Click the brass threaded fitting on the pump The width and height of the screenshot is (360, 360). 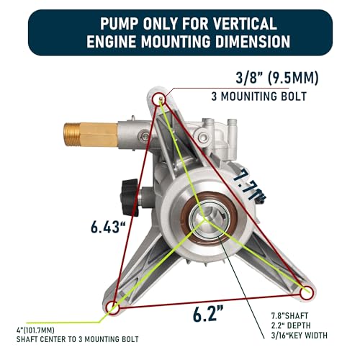click(x=91, y=135)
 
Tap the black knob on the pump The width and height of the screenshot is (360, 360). click(x=130, y=197)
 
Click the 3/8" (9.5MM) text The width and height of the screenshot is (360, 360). click(x=277, y=78)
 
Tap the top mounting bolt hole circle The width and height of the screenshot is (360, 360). click(x=160, y=98)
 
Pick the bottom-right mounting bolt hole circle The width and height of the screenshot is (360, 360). click(x=307, y=293)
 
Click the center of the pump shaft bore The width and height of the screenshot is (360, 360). click(x=204, y=219)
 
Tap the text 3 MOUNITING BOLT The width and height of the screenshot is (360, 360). click(x=259, y=96)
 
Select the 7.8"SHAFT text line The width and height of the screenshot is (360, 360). click(x=289, y=315)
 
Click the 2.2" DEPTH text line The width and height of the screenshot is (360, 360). click(x=291, y=325)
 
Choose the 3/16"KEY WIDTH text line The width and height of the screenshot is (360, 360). click(x=300, y=336)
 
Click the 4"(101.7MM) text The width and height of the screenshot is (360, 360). click(x=35, y=330)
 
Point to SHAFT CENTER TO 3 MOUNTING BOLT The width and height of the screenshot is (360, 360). click(x=77, y=339)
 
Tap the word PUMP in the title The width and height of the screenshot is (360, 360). click(x=120, y=24)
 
